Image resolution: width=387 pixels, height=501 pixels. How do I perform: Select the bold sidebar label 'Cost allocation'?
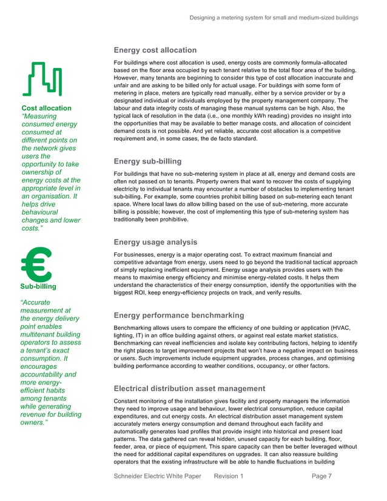tap(46, 109)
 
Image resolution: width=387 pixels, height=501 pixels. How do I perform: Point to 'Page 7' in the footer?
tap(321, 477)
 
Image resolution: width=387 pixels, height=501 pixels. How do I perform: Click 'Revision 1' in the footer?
tap(228, 477)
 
